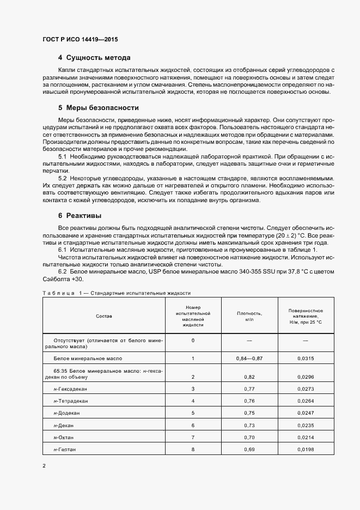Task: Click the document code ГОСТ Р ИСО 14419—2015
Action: click(80, 40)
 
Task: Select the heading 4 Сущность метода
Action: click(94, 58)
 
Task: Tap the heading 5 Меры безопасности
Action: click(98, 108)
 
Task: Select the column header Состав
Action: click(103, 316)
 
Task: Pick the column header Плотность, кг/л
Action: click(249, 316)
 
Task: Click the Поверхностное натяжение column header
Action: click(306, 316)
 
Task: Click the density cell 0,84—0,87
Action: click(249, 359)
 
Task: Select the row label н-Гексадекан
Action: click(70, 388)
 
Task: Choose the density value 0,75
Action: click(249, 412)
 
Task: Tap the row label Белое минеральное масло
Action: click(87, 359)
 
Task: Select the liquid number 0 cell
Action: click(193, 341)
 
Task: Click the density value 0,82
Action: click(249, 377)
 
